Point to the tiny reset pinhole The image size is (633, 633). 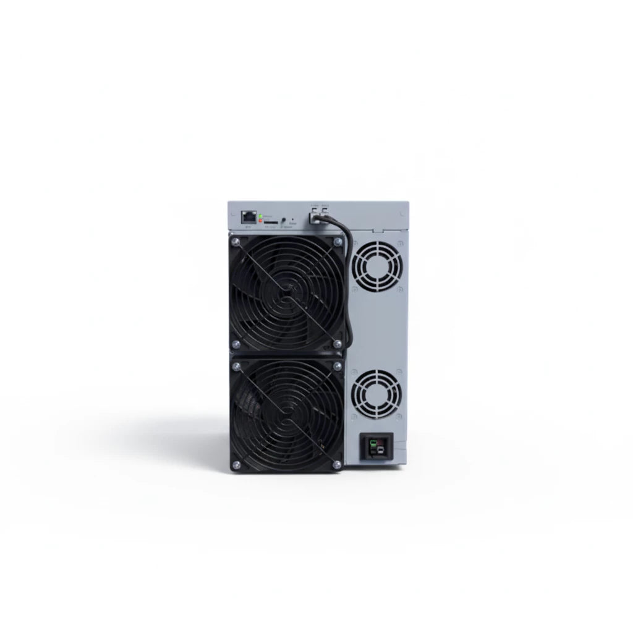pos(292,219)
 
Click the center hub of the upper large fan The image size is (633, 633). pos(286,291)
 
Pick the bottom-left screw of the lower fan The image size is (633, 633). pos(236,464)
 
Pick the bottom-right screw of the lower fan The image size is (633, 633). pos(337,464)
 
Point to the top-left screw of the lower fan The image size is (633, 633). pos(236,366)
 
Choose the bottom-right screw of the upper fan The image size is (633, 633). pos(337,342)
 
